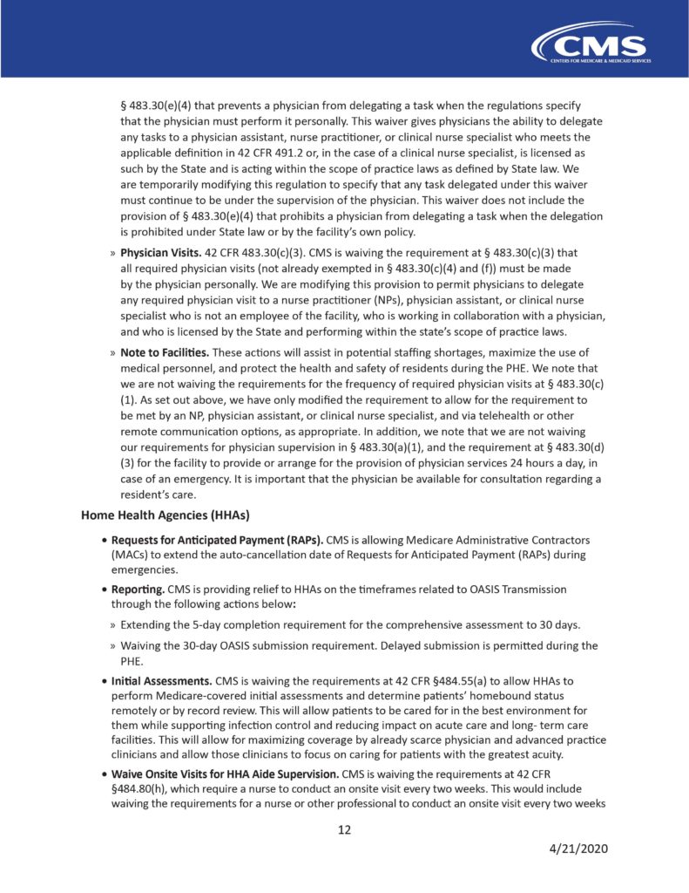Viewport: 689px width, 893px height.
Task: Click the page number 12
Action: click(x=344, y=829)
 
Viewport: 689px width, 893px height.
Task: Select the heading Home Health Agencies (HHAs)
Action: click(x=153, y=515)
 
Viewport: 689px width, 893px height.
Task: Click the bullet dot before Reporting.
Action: click(x=105, y=590)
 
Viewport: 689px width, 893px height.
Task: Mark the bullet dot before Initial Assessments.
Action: click(x=105, y=679)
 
